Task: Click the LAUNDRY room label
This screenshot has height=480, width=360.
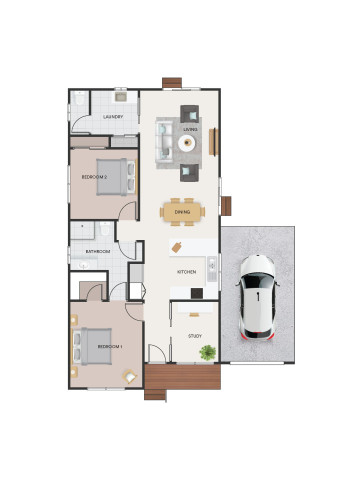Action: (x=113, y=117)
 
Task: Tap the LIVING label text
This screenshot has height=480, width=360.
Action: (x=190, y=129)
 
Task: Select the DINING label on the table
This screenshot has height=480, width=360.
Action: (x=182, y=212)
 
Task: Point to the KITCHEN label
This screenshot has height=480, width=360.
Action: (x=186, y=272)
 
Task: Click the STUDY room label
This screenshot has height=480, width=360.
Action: (x=194, y=335)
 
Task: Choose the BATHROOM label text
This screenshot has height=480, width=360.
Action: (x=97, y=252)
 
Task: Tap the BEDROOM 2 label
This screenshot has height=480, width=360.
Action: (x=94, y=177)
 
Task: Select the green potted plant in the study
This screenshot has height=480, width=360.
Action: (x=208, y=352)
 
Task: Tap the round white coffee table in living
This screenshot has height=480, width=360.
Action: (x=187, y=143)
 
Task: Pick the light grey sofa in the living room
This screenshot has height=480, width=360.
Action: (x=164, y=142)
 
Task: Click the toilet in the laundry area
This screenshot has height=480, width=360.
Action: (x=80, y=100)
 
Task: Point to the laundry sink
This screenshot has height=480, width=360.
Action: (x=119, y=97)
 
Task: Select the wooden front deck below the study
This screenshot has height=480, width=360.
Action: (x=181, y=379)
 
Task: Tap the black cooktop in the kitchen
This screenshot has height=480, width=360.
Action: (x=196, y=293)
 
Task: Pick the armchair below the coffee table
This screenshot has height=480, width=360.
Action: (x=188, y=171)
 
